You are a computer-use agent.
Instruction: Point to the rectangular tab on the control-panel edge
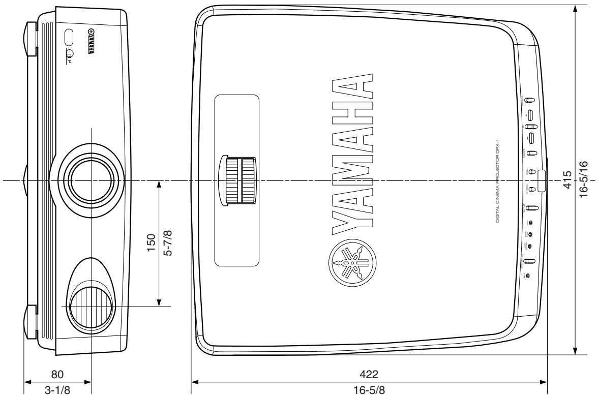tap(541, 181)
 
